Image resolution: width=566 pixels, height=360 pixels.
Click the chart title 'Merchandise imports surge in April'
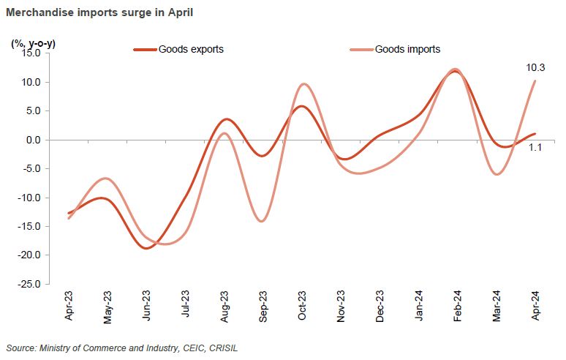(100, 13)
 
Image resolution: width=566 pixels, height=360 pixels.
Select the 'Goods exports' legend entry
(191, 50)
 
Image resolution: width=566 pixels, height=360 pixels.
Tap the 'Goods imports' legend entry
(407, 50)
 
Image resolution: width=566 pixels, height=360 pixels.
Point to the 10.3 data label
(535, 68)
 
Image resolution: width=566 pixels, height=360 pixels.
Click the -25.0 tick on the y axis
(32, 284)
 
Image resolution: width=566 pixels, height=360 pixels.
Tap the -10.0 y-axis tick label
(32, 198)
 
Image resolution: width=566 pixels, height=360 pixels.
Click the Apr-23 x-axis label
(69, 306)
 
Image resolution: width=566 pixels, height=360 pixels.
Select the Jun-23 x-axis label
(147, 306)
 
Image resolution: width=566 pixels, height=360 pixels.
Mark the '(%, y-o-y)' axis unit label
(34, 43)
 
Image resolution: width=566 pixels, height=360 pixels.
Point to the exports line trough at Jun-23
(147, 248)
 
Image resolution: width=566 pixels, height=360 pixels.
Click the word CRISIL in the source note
(223, 348)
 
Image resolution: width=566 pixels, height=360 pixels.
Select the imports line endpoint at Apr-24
(535, 80)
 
